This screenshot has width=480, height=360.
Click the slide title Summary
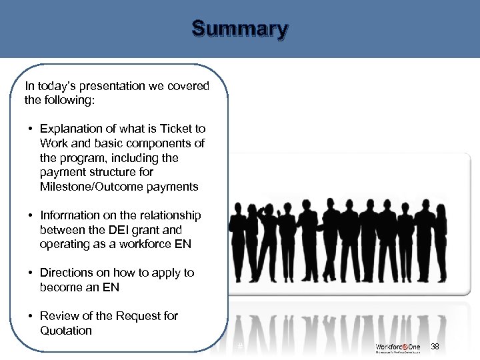click(x=240, y=30)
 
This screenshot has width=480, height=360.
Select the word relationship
click(x=168, y=215)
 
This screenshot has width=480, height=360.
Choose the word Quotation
click(x=65, y=331)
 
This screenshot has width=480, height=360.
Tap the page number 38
click(x=435, y=347)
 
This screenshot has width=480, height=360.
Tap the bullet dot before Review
click(x=31, y=316)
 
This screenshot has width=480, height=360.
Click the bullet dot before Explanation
click(x=31, y=129)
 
